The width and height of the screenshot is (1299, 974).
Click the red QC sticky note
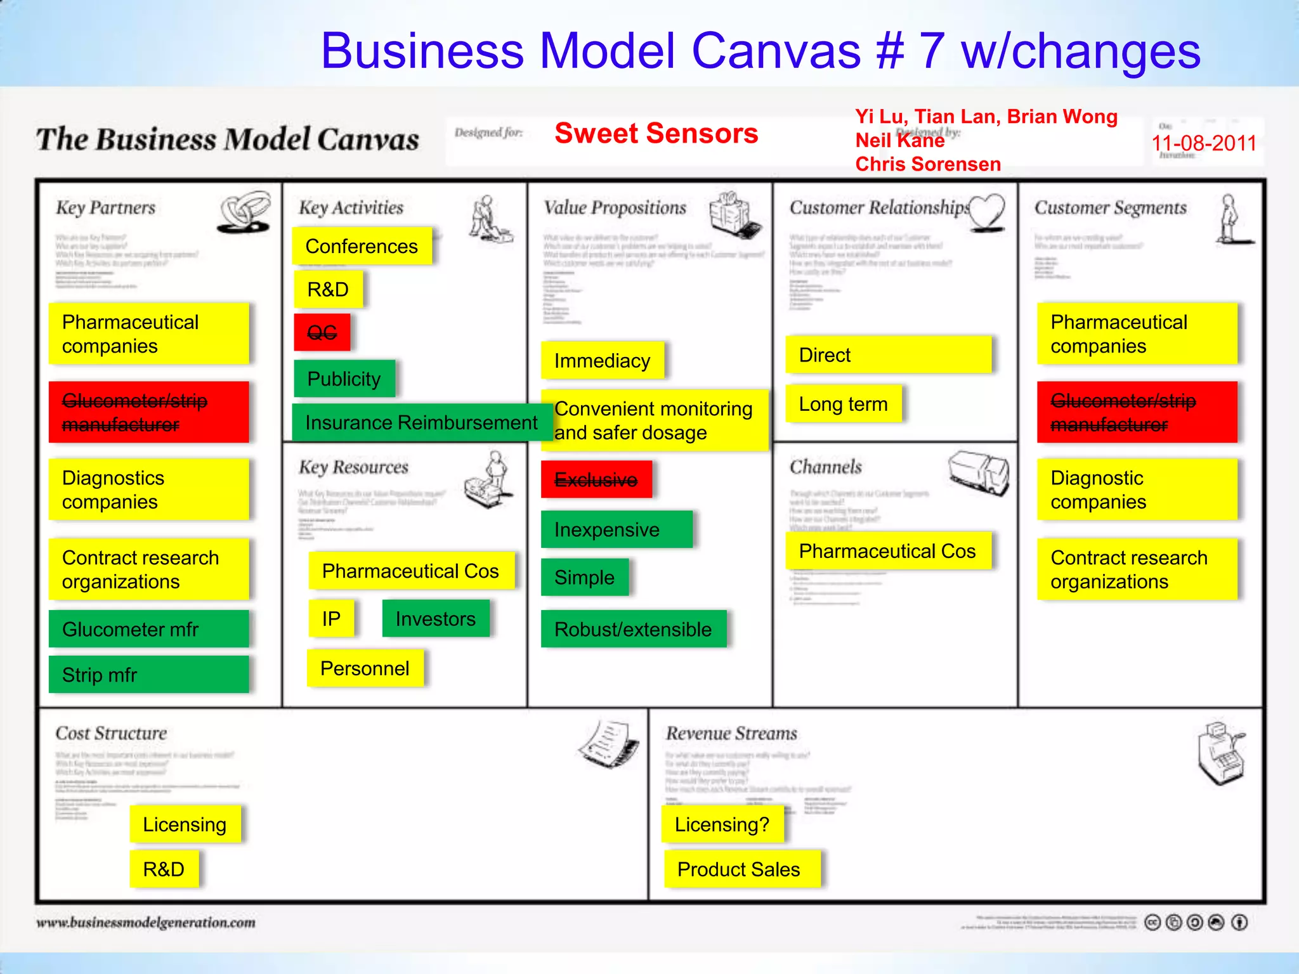[x=322, y=332]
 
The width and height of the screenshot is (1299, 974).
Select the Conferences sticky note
[x=362, y=246]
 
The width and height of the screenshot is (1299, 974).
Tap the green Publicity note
[x=344, y=379]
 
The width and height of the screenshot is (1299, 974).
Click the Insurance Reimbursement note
[x=421, y=422]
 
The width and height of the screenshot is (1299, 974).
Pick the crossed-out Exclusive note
[x=596, y=480]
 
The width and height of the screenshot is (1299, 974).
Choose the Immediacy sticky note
[x=602, y=361]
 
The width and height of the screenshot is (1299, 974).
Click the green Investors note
[x=436, y=618]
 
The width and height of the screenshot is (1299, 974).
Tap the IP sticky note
[x=331, y=618]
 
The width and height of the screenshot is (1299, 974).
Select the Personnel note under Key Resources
[x=365, y=668]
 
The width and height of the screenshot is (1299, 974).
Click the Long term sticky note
[x=843, y=404]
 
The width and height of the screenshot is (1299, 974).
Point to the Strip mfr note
[x=148, y=675]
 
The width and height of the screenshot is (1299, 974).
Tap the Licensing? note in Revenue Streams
[x=722, y=824]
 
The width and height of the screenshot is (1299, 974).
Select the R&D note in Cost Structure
[x=164, y=869]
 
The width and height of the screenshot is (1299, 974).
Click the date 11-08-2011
[x=1203, y=143]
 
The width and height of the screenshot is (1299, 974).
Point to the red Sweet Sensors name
[x=656, y=133]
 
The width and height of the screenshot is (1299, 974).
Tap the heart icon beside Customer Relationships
[x=987, y=210]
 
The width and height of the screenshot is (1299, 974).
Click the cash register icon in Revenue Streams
[x=1221, y=753]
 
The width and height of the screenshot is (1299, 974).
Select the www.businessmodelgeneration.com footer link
[x=146, y=923]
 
